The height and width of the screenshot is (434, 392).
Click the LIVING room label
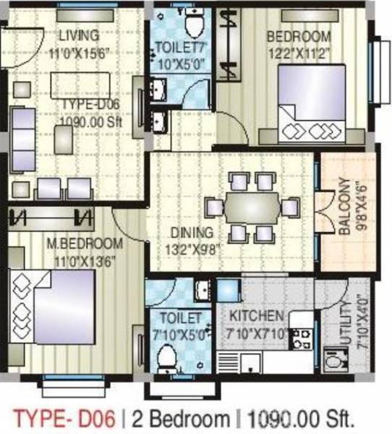point(79,34)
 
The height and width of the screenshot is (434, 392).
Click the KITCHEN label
point(256,316)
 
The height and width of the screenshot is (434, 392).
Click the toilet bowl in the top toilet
point(193,26)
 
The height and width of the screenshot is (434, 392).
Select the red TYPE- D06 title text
point(64,417)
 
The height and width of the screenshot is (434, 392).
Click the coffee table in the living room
point(78,85)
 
